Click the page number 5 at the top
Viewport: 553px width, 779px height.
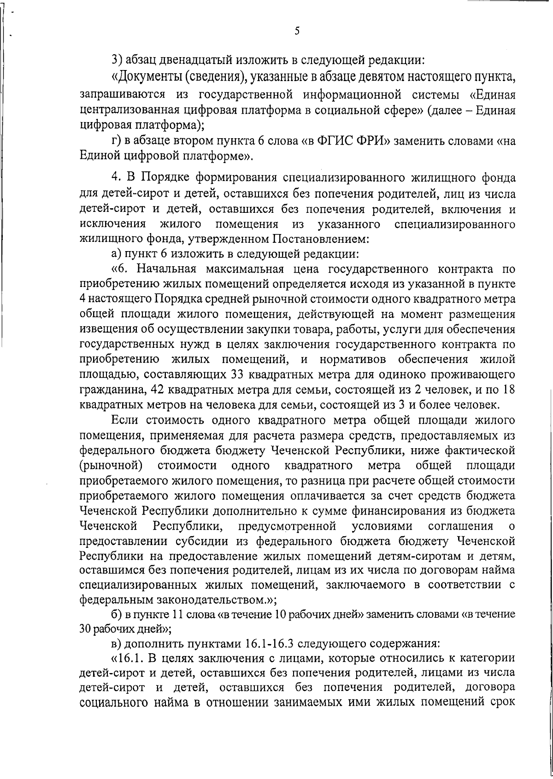pyautogui.click(x=297, y=31)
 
